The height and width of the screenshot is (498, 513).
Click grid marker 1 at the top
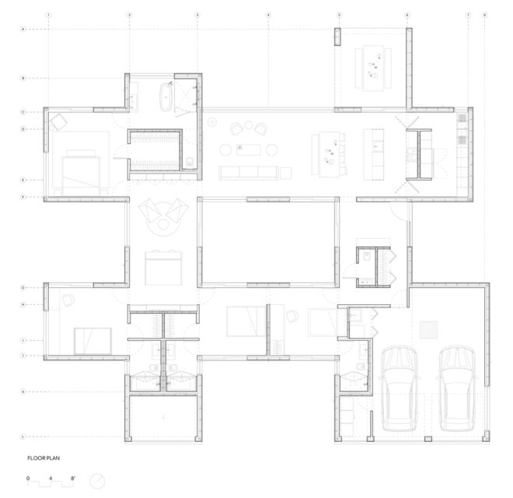click(48, 15)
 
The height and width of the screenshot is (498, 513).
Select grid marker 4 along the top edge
click(267, 15)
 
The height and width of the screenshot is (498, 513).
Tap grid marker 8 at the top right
click(484, 15)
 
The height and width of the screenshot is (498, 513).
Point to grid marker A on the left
click(24, 29)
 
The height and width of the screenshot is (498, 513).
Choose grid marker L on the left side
click(24, 437)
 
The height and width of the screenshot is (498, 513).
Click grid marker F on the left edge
click(24, 198)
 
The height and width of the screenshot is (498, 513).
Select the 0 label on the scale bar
click(28, 475)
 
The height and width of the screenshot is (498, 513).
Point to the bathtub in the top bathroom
click(166, 96)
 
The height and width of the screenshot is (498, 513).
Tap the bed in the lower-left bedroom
click(92, 340)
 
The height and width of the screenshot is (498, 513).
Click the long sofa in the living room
click(248, 172)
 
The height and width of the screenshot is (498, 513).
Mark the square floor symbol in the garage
click(429, 330)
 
